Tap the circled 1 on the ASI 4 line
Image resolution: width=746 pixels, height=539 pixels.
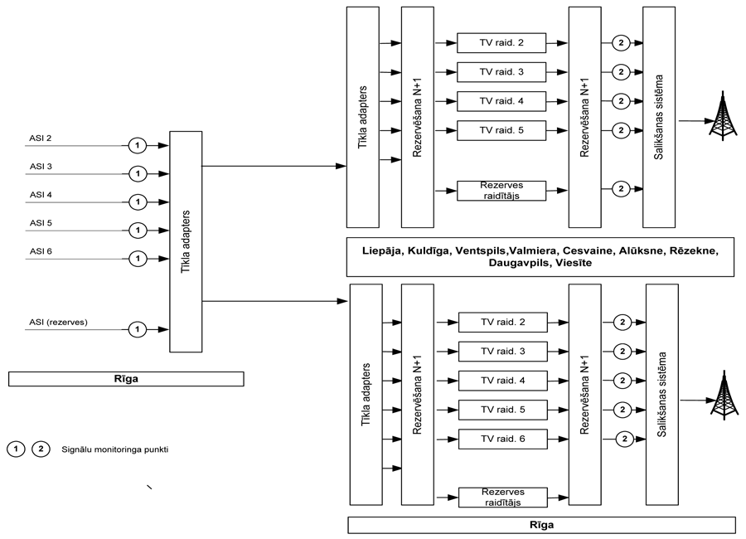138,202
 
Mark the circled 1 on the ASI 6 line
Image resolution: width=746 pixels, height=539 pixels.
138,258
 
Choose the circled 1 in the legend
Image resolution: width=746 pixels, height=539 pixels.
15,449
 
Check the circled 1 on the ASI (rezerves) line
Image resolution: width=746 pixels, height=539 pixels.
138,329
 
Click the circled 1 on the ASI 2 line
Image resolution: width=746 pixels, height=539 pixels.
138,145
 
